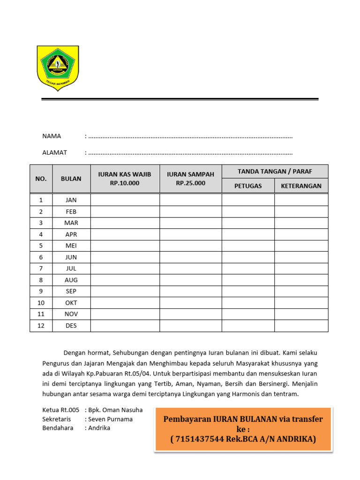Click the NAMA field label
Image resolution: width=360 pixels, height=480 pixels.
(x=52, y=136)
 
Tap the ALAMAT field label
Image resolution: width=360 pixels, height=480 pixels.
(x=54, y=152)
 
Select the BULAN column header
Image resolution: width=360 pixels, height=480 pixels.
(x=71, y=179)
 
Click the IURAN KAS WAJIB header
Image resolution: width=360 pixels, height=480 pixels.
(x=125, y=179)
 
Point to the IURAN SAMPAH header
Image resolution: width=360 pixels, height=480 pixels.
(x=190, y=179)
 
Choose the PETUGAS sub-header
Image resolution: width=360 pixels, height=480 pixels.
(x=248, y=186)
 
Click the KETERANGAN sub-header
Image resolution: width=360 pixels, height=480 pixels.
(x=301, y=186)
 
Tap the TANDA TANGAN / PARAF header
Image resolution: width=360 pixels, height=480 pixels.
(x=275, y=172)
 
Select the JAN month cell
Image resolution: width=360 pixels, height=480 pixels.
(x=71, y=200)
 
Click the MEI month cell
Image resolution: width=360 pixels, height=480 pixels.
(x=71, y=246)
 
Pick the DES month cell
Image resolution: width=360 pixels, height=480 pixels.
(x=71, y=326)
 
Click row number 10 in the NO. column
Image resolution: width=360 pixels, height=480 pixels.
(x=41, y=303)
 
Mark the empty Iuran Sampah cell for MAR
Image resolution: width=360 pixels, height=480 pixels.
(x=190, y=223)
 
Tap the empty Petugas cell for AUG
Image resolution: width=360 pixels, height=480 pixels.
(x=248, y=280)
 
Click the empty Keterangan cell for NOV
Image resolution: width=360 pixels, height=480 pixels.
(x=301, y=314)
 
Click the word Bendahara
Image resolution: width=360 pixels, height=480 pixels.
(x=58, y=428)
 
